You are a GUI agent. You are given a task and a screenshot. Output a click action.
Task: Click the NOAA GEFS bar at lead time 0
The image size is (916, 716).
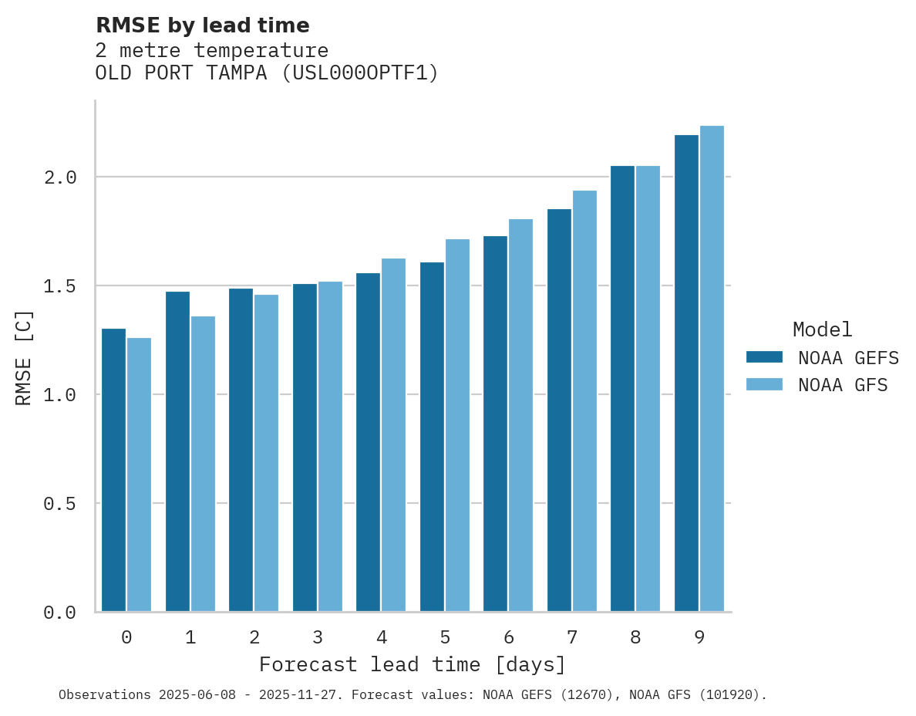[113, 470]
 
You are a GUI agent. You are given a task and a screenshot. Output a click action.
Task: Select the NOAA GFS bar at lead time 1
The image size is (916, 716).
[203, 464]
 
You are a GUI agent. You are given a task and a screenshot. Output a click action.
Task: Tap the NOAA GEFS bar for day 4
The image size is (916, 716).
[368, 442]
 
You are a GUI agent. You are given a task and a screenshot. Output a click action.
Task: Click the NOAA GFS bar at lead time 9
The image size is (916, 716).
[712, 369]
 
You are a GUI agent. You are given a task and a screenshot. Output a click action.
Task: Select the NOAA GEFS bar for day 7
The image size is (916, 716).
[559, 410]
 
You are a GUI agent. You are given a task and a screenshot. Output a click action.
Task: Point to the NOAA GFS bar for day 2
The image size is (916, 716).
[266, 453]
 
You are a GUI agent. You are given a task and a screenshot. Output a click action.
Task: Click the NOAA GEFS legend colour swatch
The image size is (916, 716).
[764, 357]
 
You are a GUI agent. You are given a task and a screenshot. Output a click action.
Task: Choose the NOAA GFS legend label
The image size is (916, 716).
[843, 385]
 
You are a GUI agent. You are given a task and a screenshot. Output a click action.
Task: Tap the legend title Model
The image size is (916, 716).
[822, 329]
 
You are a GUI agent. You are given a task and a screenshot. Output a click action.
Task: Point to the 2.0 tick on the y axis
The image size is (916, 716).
[60, 177]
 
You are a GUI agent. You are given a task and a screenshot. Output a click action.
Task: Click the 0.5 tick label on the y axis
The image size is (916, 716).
[60, 504]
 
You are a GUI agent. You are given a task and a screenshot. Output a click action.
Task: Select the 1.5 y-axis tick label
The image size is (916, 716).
[60, 286]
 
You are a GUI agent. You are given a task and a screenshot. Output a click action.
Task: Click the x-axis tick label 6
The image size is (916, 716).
[508, 637]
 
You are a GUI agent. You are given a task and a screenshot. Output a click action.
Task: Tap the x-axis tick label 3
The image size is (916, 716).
[318, 637]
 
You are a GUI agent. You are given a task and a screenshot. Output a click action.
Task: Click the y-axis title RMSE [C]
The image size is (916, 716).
[25, 357]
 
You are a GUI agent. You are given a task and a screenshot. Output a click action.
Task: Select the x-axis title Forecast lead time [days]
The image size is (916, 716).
[413, 664]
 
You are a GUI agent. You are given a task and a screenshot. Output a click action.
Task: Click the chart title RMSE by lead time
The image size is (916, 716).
[202, 25]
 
